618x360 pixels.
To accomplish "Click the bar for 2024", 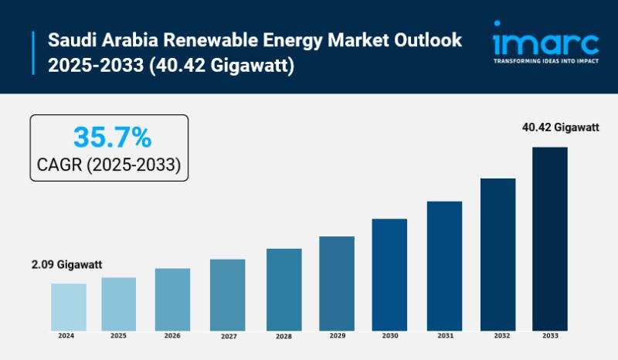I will (69, 306).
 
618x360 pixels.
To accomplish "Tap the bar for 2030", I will (389, 273).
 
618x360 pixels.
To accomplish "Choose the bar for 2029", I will (337, 282).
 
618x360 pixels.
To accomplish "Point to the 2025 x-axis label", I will (118, 336).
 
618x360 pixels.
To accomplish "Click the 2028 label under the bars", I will (284, 337).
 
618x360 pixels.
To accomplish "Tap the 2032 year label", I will (497, 337).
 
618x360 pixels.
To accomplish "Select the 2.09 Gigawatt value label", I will (67, 265).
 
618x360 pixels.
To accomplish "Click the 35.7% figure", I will (109, 138).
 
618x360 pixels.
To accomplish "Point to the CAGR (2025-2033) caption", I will (109, 165).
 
